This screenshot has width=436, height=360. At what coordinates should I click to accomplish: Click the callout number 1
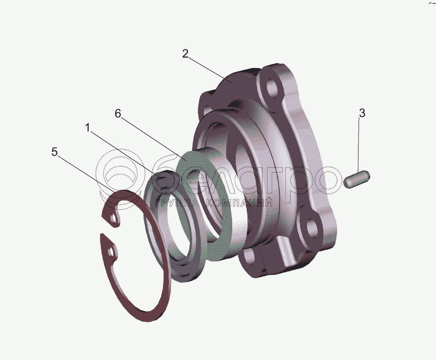click(x=88, y=128)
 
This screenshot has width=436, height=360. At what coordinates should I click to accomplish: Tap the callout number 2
click(x=185, y=54)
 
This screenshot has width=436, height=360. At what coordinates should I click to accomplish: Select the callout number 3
click(x=362, y=113)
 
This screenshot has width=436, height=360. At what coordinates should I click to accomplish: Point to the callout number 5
click(x=54, y=152)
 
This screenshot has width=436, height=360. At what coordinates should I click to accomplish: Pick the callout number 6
click(x=118, y=114)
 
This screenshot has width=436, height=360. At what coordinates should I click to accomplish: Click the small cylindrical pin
click(x=357, y=179)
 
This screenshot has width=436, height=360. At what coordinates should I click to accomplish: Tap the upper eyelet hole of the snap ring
click(x=113, y=218)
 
